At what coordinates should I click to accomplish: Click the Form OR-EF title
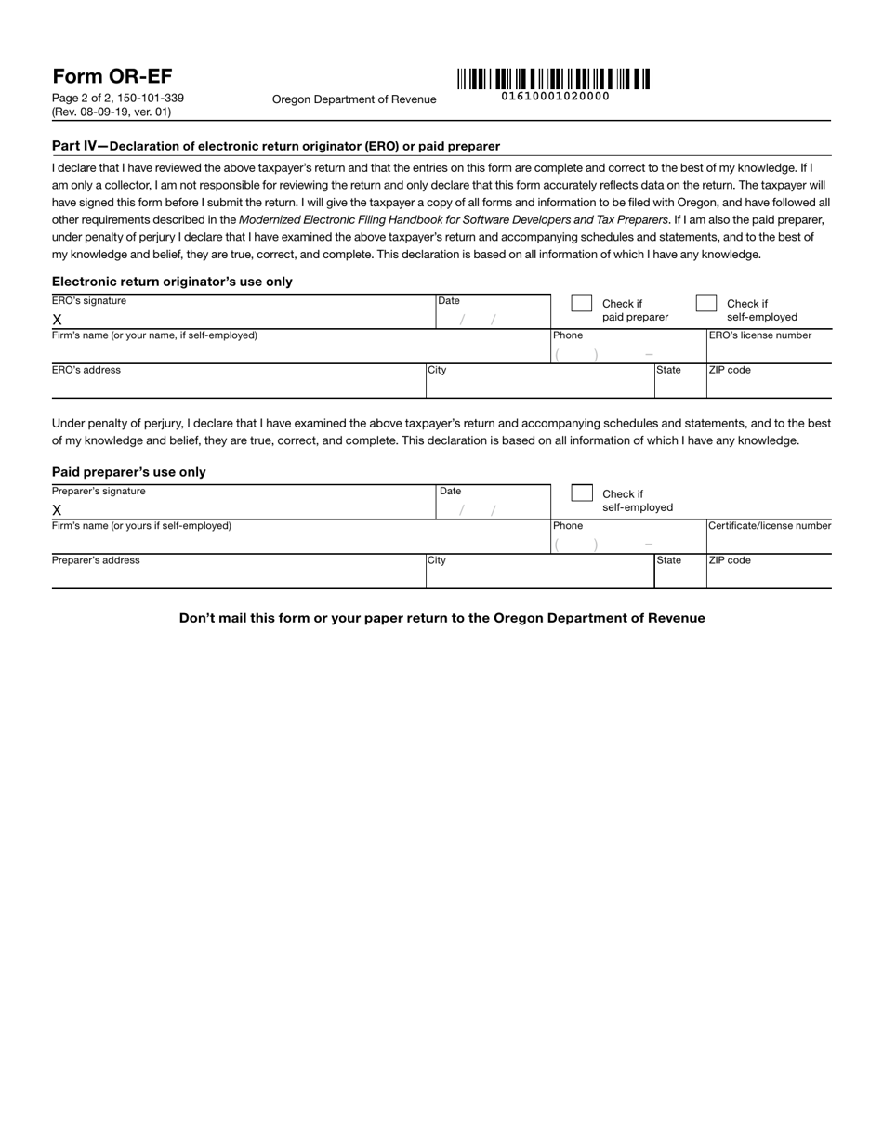pyautogui.click(x=112, y=76)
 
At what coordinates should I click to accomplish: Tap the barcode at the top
pyautogui.click(x=554, y=79)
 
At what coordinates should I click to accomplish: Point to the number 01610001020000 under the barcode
pyautogui.click(x=555, y=96)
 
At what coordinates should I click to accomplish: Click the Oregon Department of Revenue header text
pyautogui.click(x=353, y=99)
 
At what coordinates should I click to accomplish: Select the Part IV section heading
pyautogui.click(x=275, y=146)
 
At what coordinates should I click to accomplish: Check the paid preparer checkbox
pyautogui.click(x=581, y=303)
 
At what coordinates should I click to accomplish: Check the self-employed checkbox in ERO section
pyautogui.click(x=706, y=303)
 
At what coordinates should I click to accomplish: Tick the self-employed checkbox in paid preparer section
pyautogui.click(x=581, y=493)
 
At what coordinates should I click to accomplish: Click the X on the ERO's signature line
pyautogui.click(x=57, y=320)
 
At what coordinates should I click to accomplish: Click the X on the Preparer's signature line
pyautogui.click(x=57, y=510)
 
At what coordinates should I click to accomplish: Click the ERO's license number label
pyautogui.click(x=760, y=335)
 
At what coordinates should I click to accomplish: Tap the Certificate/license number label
pyautogui.click(x=770, y=526)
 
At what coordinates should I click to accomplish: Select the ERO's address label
pyautogui.click(x=86, y=370)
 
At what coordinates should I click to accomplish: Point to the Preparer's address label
pyautogui.click(x=96, y=560)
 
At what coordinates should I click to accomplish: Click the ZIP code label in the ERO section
pyautogui.click(x=730, y=370)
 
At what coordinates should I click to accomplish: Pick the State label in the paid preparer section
pyautogui.click(x=668, y=560)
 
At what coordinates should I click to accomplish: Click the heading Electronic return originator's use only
pyautogui.click(x=172, y=282)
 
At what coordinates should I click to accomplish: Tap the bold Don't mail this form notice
pyautogui.click(x=441, y=618)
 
